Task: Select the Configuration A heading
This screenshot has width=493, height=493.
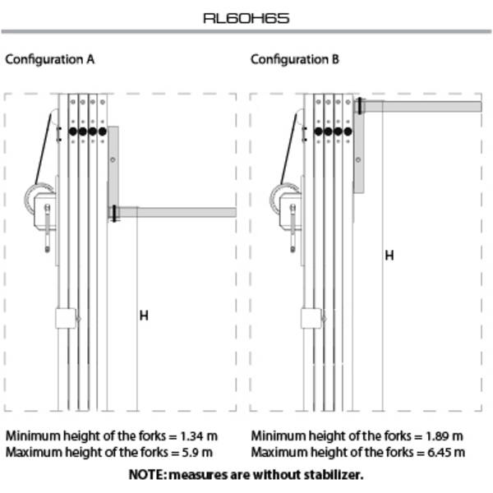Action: tap(49, 60)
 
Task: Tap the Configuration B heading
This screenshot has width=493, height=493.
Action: tap(294, 60)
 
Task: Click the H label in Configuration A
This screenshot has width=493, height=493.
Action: tap(144, 316)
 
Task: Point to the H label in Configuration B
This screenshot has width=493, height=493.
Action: tap(389, 256)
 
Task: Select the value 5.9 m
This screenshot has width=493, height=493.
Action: tap(197, 453)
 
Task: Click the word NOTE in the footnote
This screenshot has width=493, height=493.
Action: tap(146, 475)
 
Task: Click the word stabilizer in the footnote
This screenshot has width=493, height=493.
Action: tap(333, 475)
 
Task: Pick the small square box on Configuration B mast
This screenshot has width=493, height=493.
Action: tap(310, 318)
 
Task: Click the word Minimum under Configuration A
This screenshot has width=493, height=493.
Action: tap(31, 435)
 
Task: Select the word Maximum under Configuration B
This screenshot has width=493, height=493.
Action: tap(278, 453)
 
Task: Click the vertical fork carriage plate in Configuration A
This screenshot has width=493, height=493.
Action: tap(113, 168)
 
